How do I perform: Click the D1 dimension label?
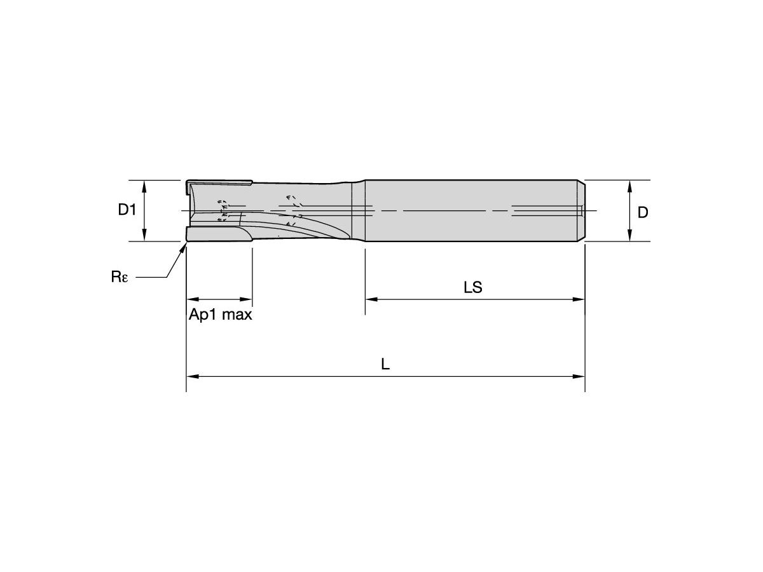[x=127, y=210]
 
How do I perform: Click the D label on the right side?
[x=643, y=213]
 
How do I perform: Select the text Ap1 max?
[x=220, y=315]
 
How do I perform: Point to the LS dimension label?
[x=472, y=288]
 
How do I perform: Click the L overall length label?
[x=385, y=365]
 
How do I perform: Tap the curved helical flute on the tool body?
[x=312, y=229]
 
